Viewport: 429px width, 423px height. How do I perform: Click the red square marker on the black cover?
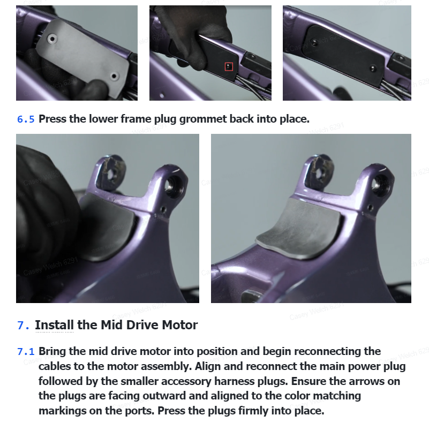[x=229, y=66]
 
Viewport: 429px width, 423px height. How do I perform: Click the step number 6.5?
[x=26, y=119]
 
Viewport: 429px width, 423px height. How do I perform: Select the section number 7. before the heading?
[x=23, y=326]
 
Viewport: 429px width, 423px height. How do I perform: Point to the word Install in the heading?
[x=55, y=325]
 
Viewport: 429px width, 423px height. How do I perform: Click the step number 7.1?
[x=26, y=352]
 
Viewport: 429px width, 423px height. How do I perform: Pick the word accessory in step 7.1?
[x=186, y=382]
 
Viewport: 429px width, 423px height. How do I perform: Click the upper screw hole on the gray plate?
[x=52, y=39]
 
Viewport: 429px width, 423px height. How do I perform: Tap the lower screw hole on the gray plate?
[x=115, y=76]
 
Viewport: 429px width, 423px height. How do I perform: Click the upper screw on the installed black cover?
[x=314, y=42]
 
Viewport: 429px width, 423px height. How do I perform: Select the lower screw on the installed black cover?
[x=373, y=68]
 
